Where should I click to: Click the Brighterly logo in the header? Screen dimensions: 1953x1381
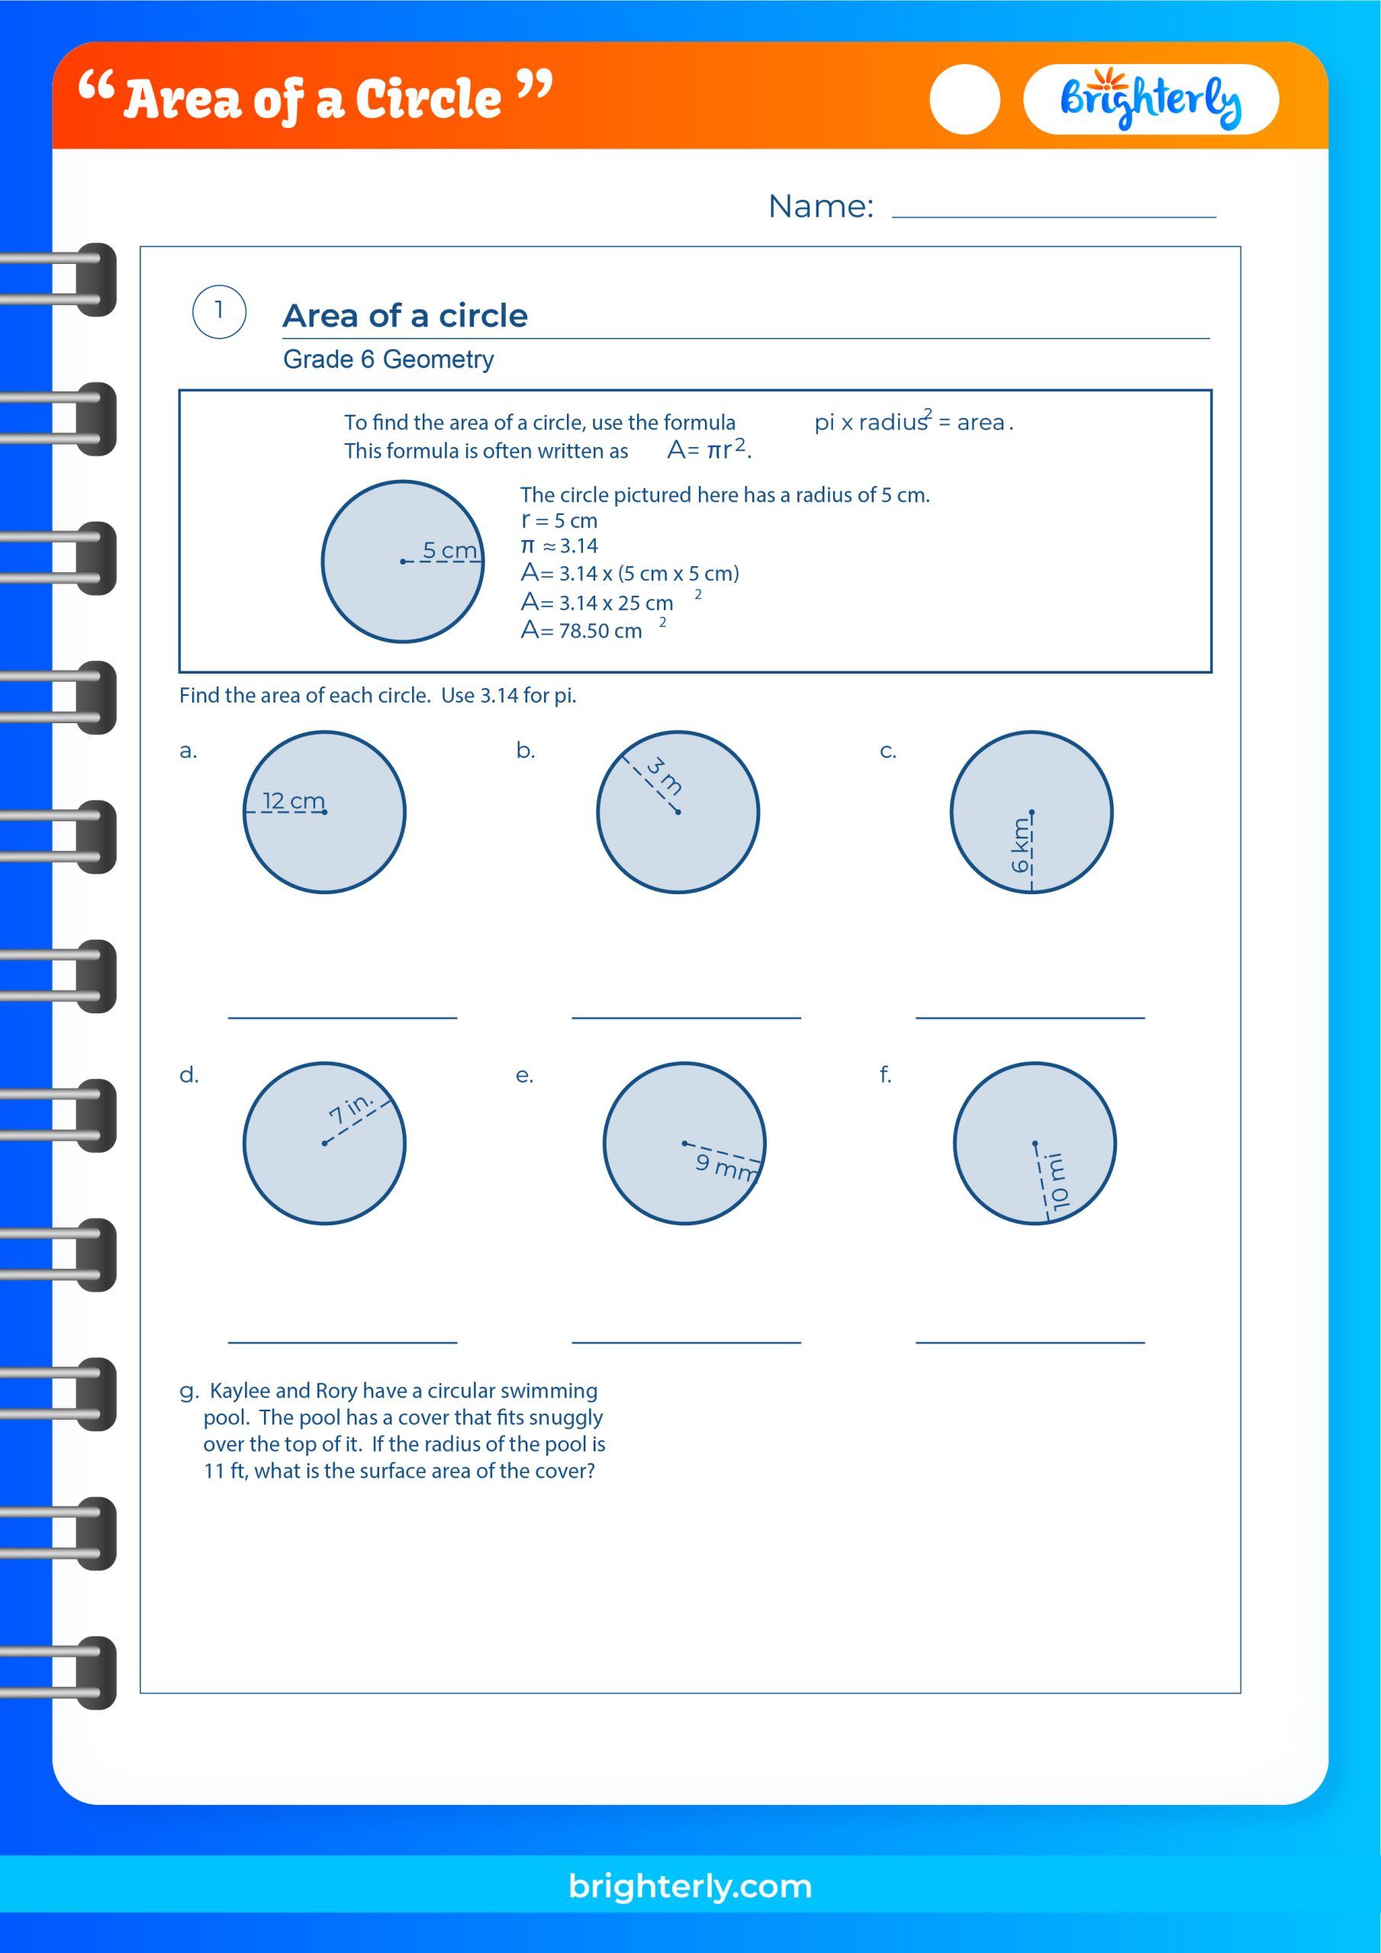click(x=1150, y=101)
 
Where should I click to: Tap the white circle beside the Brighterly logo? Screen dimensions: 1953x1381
click(x=964, y=99)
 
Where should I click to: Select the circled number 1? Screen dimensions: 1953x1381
click(x=220, y=311)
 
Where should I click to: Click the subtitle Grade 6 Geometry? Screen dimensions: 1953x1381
click(x=388, y=360)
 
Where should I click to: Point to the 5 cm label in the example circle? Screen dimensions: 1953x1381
click(x=449, y=550)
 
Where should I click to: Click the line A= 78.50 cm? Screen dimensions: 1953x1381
click(x=582, y=630)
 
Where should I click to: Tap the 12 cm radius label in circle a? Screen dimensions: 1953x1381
click(x=294, y=800)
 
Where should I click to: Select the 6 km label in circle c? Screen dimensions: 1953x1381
click(x=1019, y=845)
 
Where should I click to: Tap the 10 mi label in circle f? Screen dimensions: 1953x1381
click(x=1057, y=1182)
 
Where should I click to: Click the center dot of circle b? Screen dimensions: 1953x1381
click(x=678, y=812)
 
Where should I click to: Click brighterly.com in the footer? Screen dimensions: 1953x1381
click(x=690, y=1886)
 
